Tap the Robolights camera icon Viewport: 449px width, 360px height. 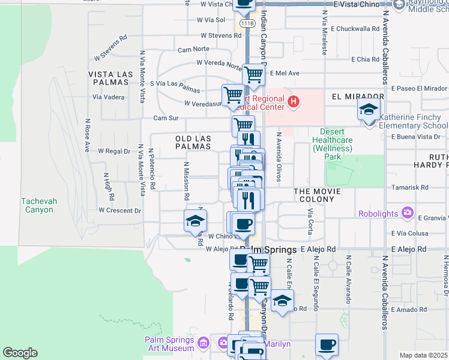(408, 213)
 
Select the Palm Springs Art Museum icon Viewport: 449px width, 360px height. (204, 343)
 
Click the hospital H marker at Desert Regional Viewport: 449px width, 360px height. (293, 101)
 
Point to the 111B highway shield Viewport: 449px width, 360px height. (247, 23)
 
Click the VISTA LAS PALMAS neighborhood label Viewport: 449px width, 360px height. (110, 74)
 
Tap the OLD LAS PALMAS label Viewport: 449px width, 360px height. (193, 142)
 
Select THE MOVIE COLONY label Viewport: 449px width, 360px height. (317, 191)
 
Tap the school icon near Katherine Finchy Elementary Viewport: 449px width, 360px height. (369, 110)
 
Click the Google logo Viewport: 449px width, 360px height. (19, 353)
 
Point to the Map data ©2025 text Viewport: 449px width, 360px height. (424, 355)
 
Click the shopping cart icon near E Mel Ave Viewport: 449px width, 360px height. (254, 74)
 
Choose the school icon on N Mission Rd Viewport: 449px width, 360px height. (195, 221)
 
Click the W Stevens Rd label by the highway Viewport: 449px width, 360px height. (220, 35)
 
